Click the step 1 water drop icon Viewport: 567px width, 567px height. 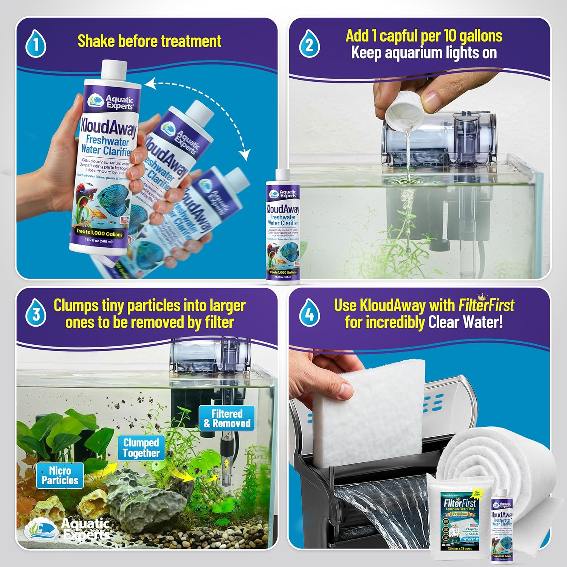36,45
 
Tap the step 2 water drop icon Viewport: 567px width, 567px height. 309,45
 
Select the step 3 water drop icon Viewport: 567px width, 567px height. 36,314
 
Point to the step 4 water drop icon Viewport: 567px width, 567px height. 309,314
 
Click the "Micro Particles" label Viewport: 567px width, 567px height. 60,476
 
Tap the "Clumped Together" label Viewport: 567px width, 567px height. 141,448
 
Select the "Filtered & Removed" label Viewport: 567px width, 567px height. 227,418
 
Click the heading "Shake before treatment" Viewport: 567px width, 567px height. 149,41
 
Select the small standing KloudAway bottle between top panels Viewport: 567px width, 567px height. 283,227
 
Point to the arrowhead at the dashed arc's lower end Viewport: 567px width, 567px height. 245,155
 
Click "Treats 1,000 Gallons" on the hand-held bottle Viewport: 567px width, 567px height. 99,233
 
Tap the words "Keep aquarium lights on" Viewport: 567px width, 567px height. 424,53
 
